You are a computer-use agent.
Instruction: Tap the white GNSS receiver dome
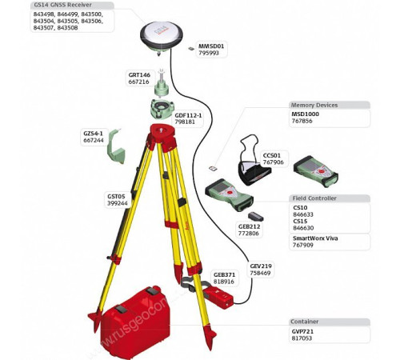click(163, 34)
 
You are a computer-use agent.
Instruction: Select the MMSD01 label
click(212, 46)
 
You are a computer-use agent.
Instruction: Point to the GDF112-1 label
click(188, 114)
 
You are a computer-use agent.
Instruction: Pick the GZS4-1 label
click(94, 133)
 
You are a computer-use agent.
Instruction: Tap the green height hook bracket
click(118, 147)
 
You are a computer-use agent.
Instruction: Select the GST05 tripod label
click(117, 196)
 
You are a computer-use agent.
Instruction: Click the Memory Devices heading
click(314, 105)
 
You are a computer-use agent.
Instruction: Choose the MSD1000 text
click(306, 114)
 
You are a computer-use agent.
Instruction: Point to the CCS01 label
click(272, 154)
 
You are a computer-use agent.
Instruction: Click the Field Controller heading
click(314, 198)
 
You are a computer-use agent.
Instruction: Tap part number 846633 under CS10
click(304, 214)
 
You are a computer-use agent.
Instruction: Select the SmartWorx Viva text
click(315, 238)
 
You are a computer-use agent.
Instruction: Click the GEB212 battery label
click(249, 226)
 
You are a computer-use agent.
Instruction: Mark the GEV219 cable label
click(261, 266)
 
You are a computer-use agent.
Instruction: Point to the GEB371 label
click(224, 274)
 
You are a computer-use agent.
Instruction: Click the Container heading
click(303, 321)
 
